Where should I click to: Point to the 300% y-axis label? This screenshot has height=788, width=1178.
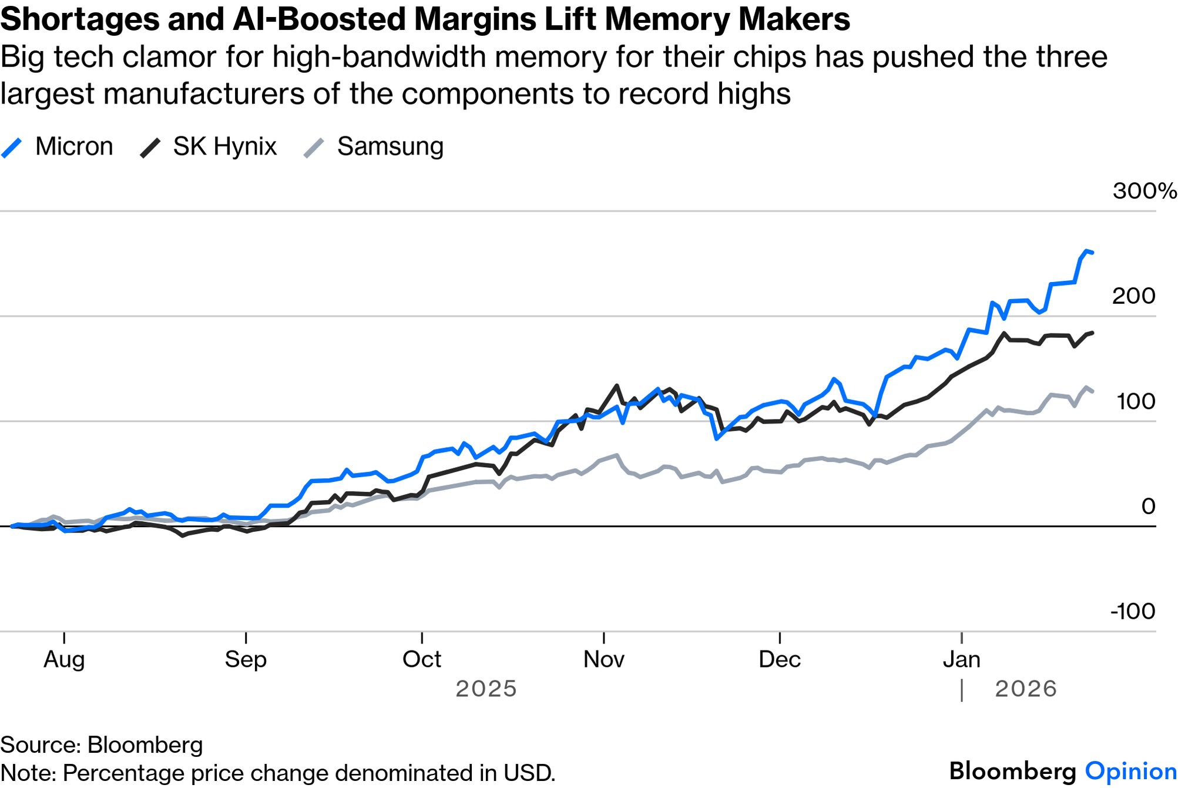click(1144, 191)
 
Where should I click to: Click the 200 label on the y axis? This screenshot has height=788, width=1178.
click(1133, 296)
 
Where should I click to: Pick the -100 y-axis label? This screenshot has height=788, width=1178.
click(1132, 611)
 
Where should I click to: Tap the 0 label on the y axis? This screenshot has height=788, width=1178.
click(1148, 506)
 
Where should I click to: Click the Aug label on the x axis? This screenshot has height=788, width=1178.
click(64, 659)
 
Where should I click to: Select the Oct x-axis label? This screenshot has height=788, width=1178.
click(421, 659)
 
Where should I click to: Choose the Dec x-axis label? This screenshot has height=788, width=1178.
click(779, 659)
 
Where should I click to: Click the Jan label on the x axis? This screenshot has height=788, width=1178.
click(961, 659)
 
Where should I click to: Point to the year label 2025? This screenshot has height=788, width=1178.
click(486, 689)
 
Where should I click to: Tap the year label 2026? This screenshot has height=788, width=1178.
click(1025, 689)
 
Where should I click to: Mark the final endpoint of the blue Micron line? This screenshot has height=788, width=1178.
click(1092, 253)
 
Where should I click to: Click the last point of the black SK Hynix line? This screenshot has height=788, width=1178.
click(1092, 333)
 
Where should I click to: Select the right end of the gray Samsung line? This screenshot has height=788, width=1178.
click(1092, 391)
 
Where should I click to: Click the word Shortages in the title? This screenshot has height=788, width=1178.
click(79, 19)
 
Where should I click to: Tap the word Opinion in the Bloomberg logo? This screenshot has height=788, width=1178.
click(1130, 771)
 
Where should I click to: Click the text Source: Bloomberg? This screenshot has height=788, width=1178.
click(102, 745)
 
